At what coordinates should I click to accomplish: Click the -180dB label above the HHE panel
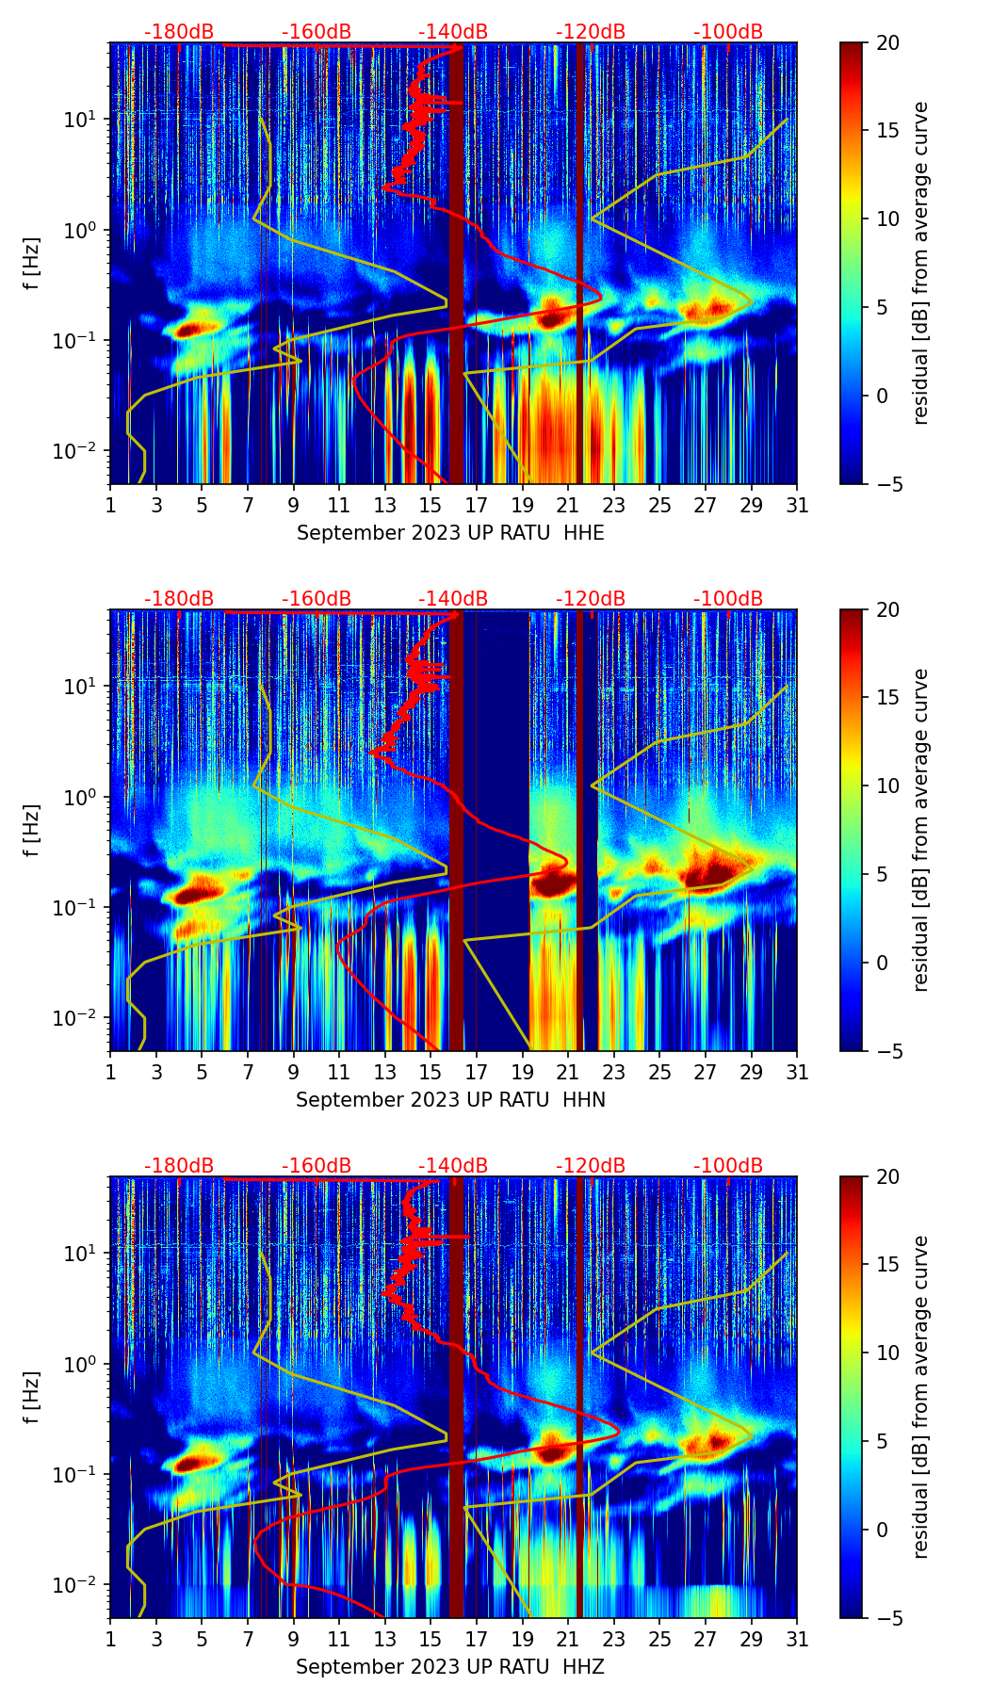click(x=179, y=32)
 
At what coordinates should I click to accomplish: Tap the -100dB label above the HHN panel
click(x=728, y=599)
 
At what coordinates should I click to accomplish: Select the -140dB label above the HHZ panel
click(x=453, y=1166)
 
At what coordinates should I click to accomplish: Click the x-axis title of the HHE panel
click(x=450, y=533)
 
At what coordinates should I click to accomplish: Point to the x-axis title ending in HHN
click(x=450, y=1100)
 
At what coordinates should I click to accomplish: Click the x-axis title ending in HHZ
click(x=450, y=1667)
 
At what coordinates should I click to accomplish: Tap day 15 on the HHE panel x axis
click(x=431, y=505)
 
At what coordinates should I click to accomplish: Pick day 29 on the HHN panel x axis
click(x=751, y=1072)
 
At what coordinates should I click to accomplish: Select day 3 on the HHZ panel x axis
click(x=156, y=1639)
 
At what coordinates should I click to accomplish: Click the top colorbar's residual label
click(x=921, y=263)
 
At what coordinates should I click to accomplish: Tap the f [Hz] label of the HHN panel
click(x=32, y=830)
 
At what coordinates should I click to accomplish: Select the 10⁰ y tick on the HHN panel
click(x=83, y=797)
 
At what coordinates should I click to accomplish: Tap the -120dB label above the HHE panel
click(x=591, y=32)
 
